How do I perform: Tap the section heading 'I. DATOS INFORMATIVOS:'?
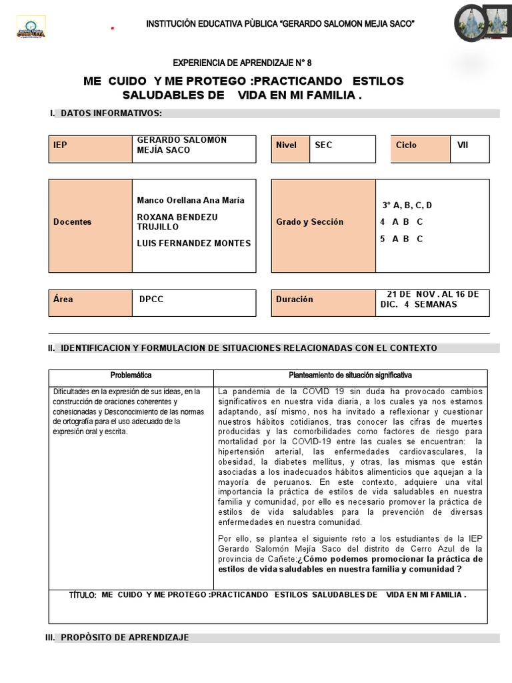coord(106,113)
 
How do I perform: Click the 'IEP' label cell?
coord(91,149)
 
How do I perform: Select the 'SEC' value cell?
coord(342,149)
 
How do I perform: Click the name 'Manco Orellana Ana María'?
coord(191,200)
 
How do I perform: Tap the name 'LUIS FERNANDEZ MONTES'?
coord(193,243)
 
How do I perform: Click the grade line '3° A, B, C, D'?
coord(407,205)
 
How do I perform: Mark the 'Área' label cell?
coord(91,303)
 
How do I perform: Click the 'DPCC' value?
coord(151,299)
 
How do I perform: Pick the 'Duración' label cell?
coord(323,303)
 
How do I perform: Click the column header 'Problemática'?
coord(131,376)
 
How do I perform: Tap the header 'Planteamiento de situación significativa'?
coord(350,376)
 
